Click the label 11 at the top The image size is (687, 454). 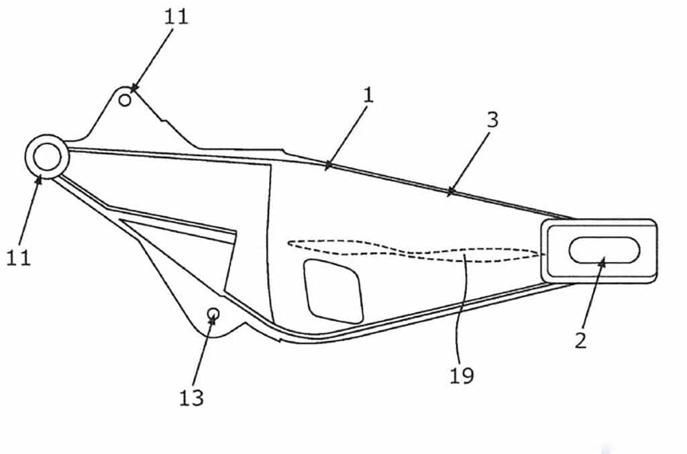[176, 17]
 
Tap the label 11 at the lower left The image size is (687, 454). [18, 258]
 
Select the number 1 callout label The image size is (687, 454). [368, 95]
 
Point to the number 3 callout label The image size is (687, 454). [493, 120]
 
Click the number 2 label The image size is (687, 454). [580, 340]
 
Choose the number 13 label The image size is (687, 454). [191, 398]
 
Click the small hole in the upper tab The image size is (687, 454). [125, 101]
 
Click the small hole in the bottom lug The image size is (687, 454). [213, 313]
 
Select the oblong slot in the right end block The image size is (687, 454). [604, 250]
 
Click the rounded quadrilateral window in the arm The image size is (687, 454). [334, 291]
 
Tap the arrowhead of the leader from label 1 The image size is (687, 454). [328, 165]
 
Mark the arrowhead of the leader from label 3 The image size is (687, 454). [450, 191]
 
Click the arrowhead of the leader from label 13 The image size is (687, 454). [213, 320]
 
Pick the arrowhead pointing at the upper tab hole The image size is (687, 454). [134, 89]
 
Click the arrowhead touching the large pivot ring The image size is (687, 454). [39, 178]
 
